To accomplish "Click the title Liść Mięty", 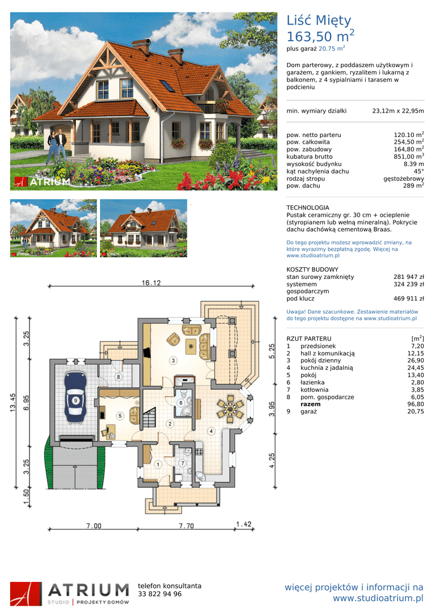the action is (318, 21).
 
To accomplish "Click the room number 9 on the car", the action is (75, 400).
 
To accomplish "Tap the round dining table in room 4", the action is (230, 409).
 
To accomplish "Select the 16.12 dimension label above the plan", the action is (151, 283).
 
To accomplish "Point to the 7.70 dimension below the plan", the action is (187, 526).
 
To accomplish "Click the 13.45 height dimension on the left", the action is (13, 402).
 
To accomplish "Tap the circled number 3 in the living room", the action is (173, 360).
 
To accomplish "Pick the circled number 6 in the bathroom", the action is (181, 403).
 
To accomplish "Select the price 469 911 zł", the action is (409, 299).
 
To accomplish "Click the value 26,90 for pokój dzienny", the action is (415, 360).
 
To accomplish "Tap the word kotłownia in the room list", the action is (314, 390).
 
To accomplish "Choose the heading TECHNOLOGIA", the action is (308, 208).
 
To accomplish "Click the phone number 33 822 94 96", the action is (159, 594).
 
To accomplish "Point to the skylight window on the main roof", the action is (166, 86).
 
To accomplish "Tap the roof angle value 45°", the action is (419, 171).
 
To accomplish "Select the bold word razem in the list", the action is (311, 404).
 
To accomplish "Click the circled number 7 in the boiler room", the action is (182, 463).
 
